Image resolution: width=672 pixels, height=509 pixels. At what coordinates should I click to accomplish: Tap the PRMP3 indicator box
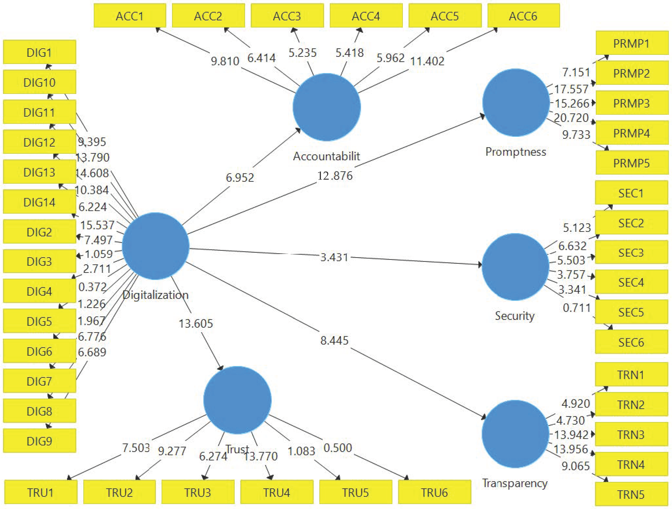[632, 103]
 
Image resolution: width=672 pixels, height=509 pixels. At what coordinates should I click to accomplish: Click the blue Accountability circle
[327, 107]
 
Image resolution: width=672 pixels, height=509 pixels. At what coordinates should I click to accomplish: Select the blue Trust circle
[237, 400]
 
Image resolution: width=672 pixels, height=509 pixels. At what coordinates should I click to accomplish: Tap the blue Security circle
[515, 267]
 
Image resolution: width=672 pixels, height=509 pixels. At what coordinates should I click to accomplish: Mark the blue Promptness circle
[516, 103]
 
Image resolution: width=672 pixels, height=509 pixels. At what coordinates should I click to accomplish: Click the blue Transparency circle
[515, 434]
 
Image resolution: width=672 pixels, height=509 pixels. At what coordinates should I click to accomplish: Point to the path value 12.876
[335, 176]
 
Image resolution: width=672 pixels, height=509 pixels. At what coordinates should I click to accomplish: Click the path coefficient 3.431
[334, 257]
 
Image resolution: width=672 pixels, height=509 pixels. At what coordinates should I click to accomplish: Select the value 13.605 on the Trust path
[196, 324]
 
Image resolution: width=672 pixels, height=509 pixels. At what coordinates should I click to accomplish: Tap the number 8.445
[334, 341]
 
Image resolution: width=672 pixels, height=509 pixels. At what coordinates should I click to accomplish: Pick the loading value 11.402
[427, 61]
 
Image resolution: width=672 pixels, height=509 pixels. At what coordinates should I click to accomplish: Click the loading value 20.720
[571, 118]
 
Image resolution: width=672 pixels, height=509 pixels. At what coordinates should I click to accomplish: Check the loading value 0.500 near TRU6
[338, 448]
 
